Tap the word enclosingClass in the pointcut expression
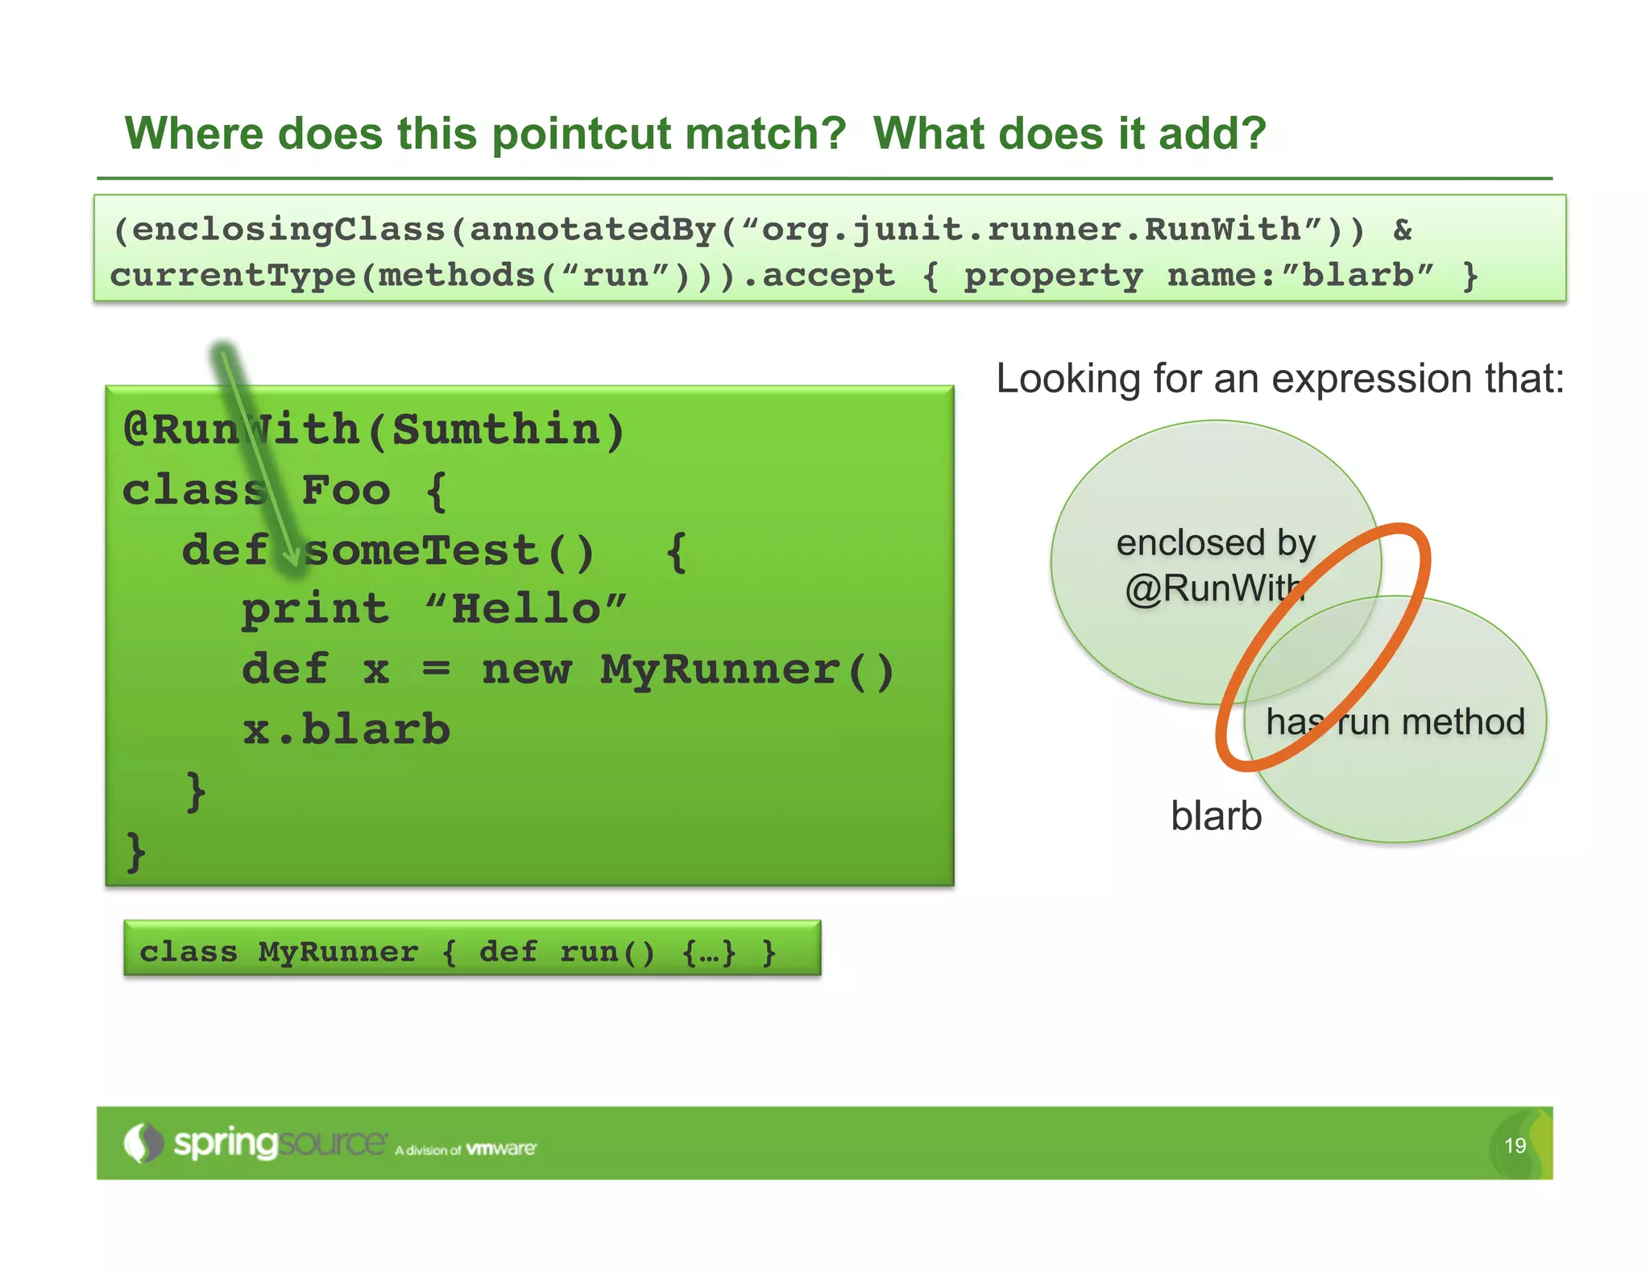(288, 230)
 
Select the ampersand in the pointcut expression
(1403, 230)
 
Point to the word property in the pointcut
(1053, 276)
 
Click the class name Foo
(346, 490)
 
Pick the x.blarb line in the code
(346, 729)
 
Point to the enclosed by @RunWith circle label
(1215, 565)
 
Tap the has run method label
(1395, 721)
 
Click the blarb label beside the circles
(1216, 816)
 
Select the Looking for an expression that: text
(1279, 379)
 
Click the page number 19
(1515, 1145)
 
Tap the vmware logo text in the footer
(500, 1148)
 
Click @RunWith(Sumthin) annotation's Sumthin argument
(495, 430)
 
